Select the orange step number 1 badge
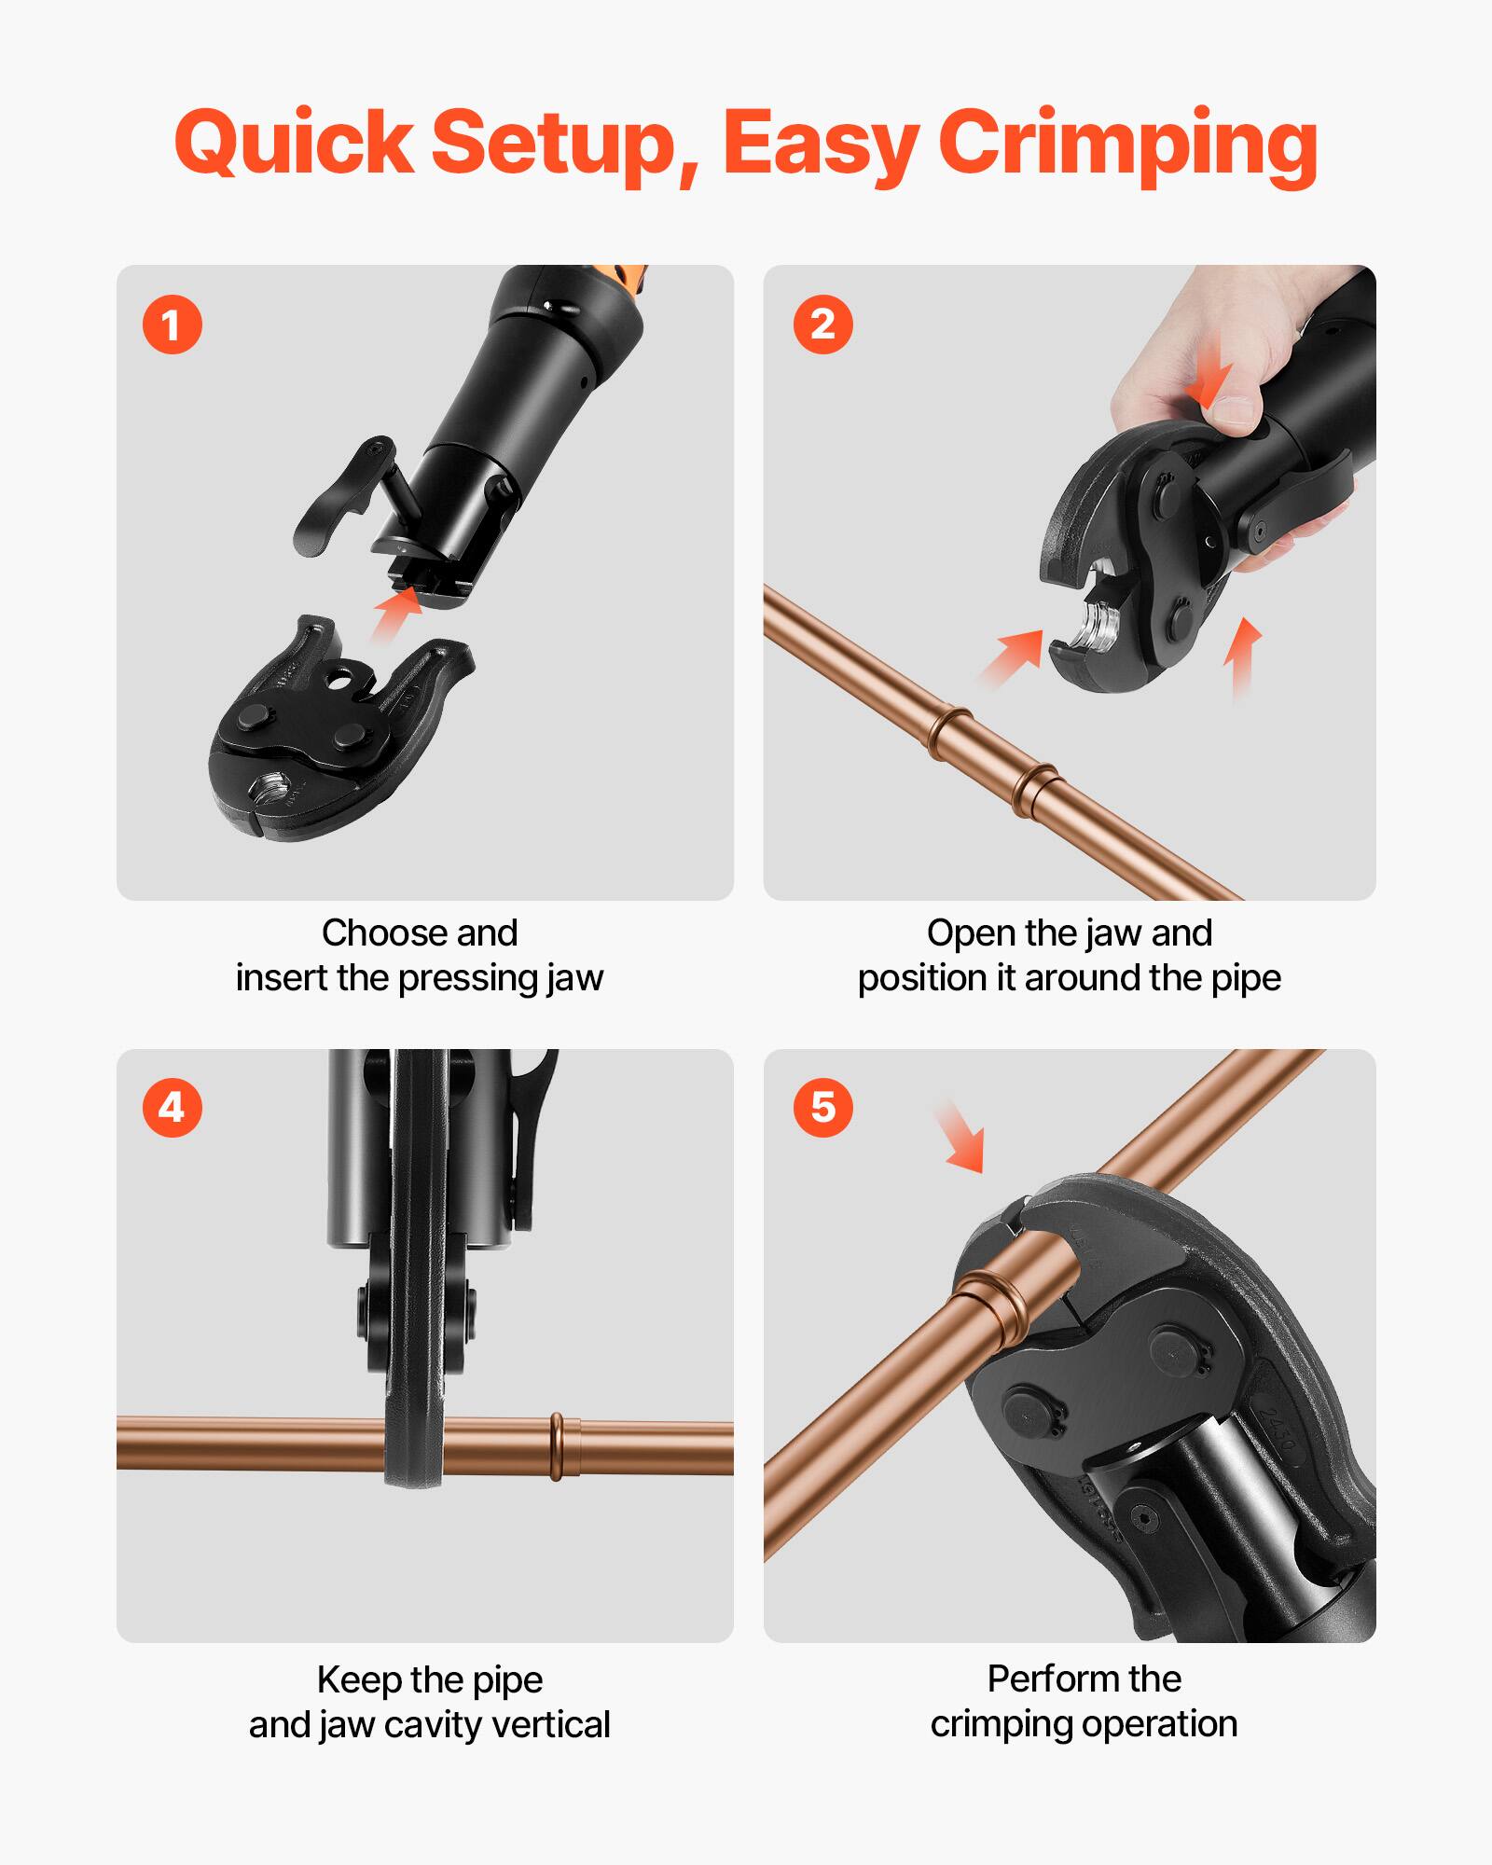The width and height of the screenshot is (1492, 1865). click(172, 325)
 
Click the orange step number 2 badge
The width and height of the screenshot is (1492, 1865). click(822, 325)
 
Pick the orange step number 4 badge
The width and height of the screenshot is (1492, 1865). click(172, 1108)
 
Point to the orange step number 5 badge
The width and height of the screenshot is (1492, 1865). click(822, 1108)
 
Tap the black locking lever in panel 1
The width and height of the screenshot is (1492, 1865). click(340, 499)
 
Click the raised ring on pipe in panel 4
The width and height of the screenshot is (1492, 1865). click(558, 1446)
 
